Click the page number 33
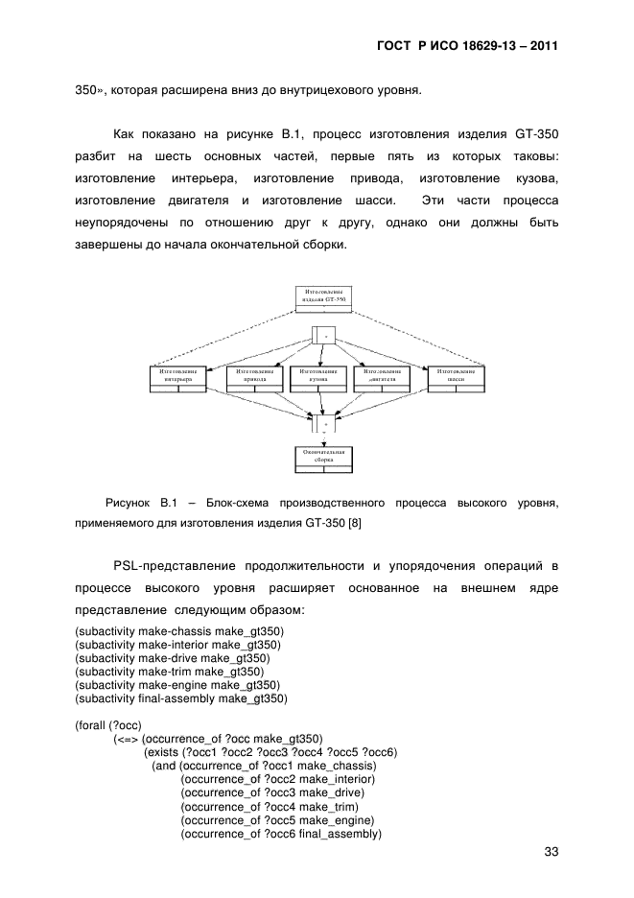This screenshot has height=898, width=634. (x=551, y=852)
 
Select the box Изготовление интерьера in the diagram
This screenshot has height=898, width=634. (x=178, y=375)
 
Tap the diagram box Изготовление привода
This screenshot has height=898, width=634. (x=253, y=375)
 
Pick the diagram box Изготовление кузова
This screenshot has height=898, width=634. (x=318, y=375)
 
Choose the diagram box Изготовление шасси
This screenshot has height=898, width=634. (x=456, y=375)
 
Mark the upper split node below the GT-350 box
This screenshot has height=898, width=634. (x=323, y=336)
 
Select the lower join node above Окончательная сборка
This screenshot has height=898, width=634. (x=323, y=423)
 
